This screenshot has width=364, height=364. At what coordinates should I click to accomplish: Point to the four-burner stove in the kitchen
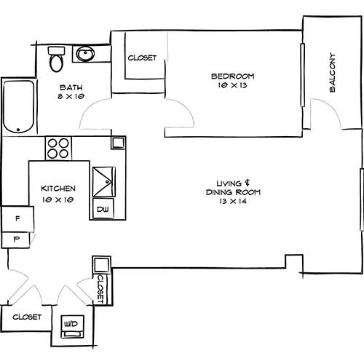click(x=59, y=149)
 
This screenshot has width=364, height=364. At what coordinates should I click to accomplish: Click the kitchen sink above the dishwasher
click(x=103, y=180)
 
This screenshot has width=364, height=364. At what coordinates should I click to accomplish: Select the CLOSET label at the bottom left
click(x=25, y=317)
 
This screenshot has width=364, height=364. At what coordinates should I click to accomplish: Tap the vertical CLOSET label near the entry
click(x=100, y=289)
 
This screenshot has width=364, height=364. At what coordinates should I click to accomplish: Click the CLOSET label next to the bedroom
click(x=142, y=58)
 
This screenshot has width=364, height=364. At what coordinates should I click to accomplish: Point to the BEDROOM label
click(x=232, y=76)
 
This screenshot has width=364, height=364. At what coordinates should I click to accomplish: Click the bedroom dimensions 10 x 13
click(x=232, y=86)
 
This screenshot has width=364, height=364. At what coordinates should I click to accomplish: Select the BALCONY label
click(x=332, y=73)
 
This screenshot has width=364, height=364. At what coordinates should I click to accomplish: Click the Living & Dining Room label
click(x=233, y=188)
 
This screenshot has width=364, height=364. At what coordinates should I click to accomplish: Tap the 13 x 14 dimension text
click(x=233, y=202)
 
